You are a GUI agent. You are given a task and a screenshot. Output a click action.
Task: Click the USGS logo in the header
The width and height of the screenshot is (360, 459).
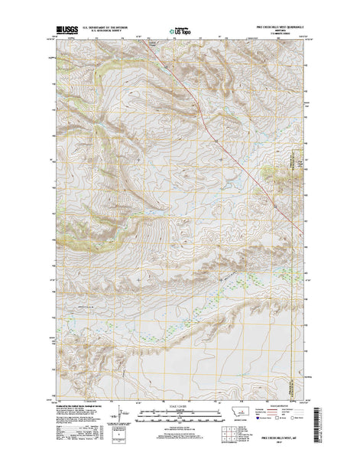66,30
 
